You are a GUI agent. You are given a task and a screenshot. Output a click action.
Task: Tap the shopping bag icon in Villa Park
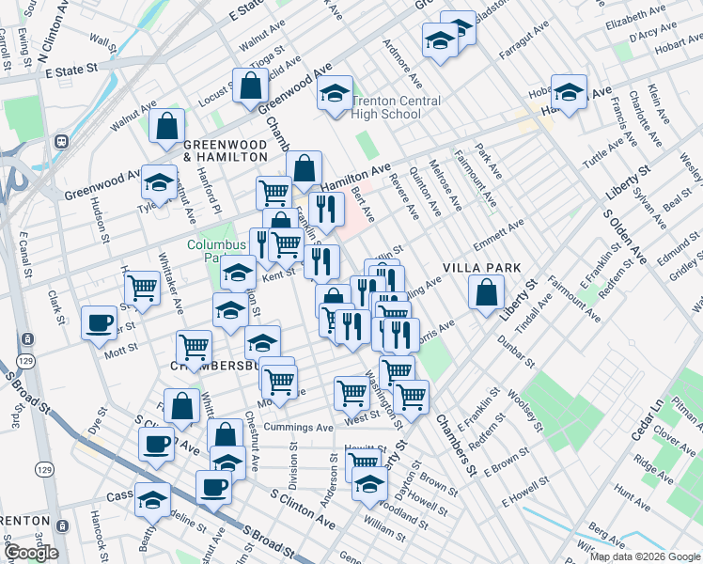point(486,292)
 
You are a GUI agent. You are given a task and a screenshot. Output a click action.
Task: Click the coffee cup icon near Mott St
point(99,323)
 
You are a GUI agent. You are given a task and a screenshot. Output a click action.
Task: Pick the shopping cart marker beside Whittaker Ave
point(142,287)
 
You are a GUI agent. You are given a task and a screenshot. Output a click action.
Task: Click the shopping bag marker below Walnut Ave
point(166,127)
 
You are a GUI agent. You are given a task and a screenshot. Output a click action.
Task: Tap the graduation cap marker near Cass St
point(151,501)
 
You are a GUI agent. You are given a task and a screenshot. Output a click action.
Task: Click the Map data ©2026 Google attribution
point(645,556)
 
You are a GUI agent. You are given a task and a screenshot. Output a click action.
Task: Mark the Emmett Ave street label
point(499,235)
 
